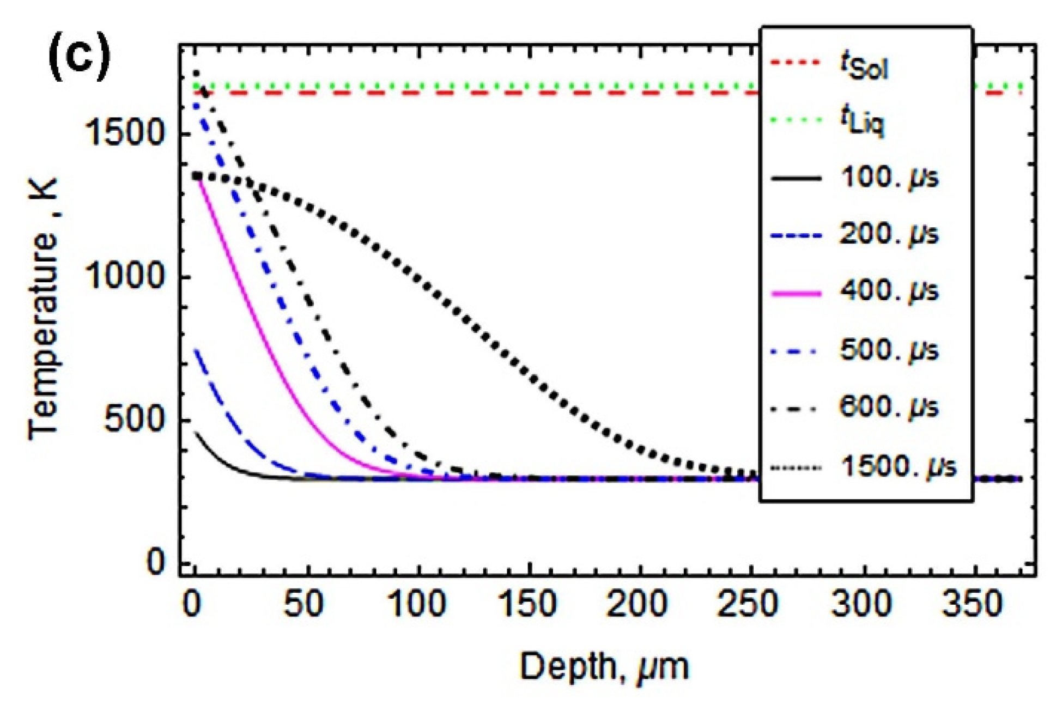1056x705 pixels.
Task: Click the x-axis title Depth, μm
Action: click(x=604, y=666)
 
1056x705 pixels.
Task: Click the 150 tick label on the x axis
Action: click(x=527, y=604)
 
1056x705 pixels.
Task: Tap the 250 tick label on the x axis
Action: click(x=748, y=604)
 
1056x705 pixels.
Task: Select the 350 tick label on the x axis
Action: click(x=971, y=604)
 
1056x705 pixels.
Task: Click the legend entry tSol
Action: click(x=864, y=67)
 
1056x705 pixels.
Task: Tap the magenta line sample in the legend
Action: click(x=797, y=294)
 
